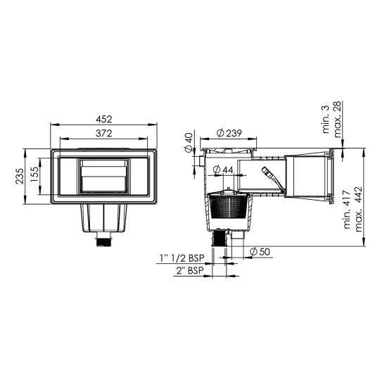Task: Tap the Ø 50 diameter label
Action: (259, 252)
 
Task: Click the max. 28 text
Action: (358, 117)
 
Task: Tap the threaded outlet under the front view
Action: (103, 243)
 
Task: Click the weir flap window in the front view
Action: (103, 176)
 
